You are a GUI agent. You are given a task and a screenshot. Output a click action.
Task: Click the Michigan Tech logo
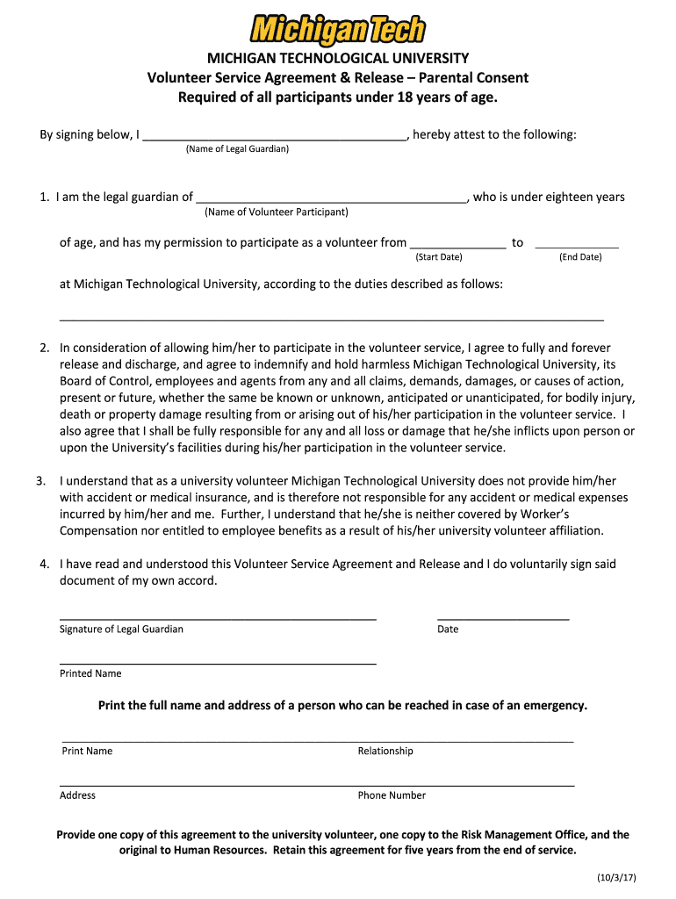tap(337, 30)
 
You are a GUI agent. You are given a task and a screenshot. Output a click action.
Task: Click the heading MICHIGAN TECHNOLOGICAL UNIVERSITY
tap(337, 59)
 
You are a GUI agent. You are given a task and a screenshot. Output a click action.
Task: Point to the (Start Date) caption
tap(438, 257)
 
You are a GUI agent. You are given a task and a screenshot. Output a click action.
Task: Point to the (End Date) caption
tap(580, 257)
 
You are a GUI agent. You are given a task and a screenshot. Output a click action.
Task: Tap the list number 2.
tap(44, 349)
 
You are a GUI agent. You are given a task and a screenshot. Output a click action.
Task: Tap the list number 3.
tap(40, 481)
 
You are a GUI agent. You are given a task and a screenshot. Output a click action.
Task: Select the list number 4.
tap(44, 565)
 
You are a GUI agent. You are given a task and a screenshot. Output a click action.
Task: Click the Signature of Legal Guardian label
tap(121, 629)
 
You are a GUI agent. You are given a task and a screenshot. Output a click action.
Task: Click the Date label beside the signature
tap(448, 629)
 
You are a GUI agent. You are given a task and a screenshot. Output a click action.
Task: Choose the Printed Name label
tap(90, 673)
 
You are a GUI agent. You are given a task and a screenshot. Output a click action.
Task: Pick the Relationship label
tap(385, 752)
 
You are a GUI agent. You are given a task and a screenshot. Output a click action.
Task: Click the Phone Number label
tap(392, 795)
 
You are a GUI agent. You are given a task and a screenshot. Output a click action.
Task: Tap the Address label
tap(77, 795)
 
